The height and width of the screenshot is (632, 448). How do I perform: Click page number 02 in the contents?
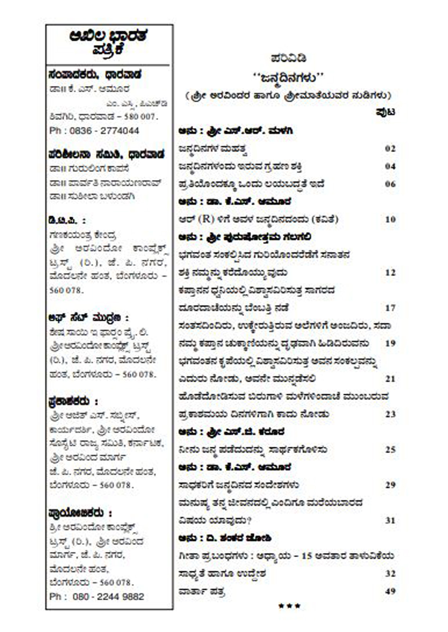point(390,148)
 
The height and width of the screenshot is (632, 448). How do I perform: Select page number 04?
point(390,166)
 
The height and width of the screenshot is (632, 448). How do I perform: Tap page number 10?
point(390,219)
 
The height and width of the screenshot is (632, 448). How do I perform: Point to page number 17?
point(390,308)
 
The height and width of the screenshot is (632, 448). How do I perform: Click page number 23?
point(390,414)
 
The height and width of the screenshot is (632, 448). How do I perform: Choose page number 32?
point(390,574)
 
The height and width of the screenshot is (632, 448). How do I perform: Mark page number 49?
point(390,591)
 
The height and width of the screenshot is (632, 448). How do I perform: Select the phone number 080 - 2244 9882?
point(108,596)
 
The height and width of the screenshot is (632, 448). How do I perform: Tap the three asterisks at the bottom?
point(289,606)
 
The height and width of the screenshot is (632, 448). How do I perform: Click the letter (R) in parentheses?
point(206,219)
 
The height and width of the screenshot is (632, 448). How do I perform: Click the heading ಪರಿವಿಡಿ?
point(289,58)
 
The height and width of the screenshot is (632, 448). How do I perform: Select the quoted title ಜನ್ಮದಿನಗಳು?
point(288,78)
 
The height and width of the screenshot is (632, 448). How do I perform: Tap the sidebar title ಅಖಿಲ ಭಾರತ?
point(109,36)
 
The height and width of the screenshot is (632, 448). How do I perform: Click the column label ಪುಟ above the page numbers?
point(385,112)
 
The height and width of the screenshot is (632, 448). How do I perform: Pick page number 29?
point(390,485)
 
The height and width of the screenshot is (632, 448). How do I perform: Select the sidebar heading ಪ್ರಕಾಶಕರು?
point(69,402)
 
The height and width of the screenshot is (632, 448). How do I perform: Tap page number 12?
point(390,272)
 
